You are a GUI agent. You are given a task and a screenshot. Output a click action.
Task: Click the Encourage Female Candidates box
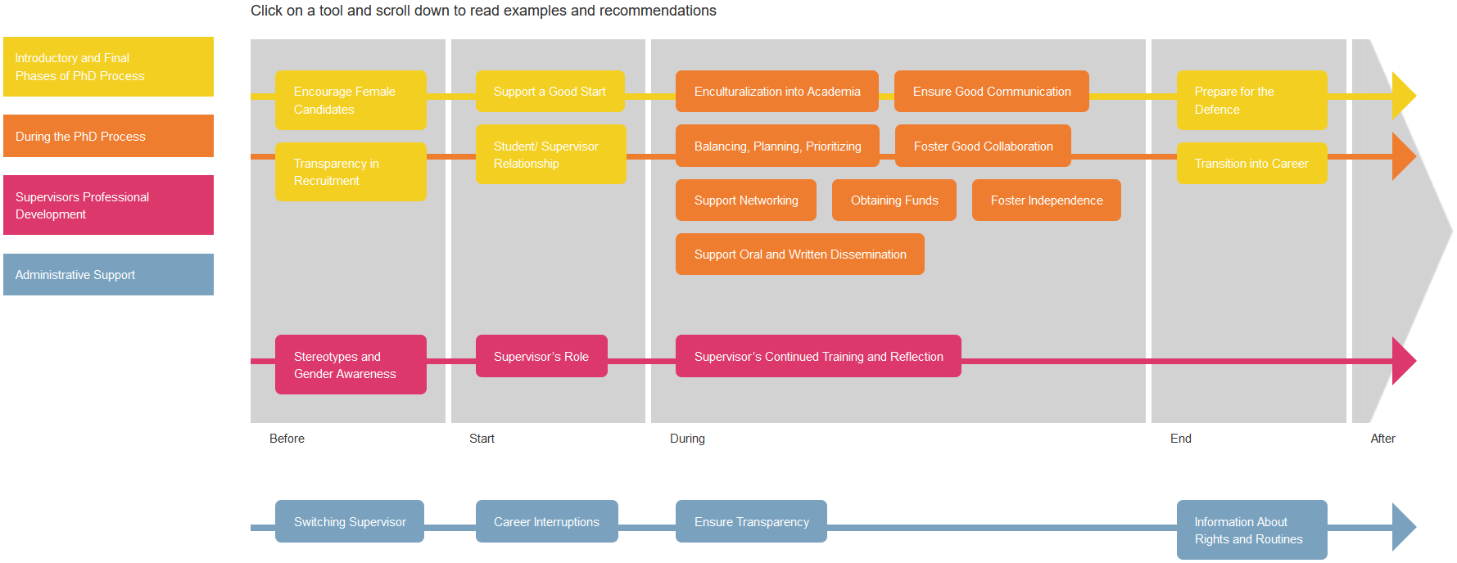click(351, 100)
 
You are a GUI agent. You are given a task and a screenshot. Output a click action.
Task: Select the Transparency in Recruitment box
click(351, 172)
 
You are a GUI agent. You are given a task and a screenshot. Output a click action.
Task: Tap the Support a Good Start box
click(550, 92)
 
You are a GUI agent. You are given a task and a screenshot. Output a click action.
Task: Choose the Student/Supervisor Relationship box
click(551, 155)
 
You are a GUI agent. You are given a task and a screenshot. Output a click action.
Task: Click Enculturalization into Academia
click(777, 92)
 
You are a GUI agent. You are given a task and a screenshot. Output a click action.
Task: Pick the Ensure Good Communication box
click(992, 92)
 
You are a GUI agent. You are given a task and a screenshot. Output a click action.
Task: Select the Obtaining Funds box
click(894, 200)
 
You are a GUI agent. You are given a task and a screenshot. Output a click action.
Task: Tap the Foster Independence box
click(1047, 200)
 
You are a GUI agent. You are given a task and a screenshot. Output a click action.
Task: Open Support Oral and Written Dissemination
click(800, 254)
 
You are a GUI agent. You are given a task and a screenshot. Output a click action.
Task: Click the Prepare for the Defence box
click(1252, 100)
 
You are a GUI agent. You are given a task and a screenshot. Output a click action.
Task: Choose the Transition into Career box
click(1252, 164)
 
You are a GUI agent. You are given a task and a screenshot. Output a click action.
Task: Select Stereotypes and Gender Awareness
click(351, 365)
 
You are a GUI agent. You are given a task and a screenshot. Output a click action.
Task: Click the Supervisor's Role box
click(541, 356)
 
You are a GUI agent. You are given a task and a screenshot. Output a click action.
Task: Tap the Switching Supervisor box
click(350, 521)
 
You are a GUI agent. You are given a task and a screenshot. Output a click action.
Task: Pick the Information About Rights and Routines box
click(1252, 530)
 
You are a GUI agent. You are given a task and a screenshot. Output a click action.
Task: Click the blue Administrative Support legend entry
click(108, 275)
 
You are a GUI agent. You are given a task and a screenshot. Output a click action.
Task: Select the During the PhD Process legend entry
click(108, 136)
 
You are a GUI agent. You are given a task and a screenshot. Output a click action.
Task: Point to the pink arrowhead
click(1404, 361)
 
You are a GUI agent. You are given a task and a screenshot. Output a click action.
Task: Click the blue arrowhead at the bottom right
click(1404, 527)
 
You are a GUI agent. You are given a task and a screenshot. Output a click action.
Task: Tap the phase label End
click(1181, 439)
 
